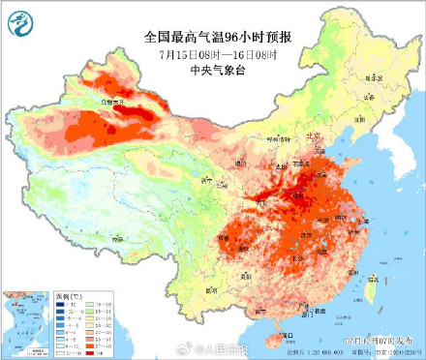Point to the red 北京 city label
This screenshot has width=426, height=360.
pos(313,137)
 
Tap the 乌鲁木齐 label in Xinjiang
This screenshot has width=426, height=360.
pos(115,100)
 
